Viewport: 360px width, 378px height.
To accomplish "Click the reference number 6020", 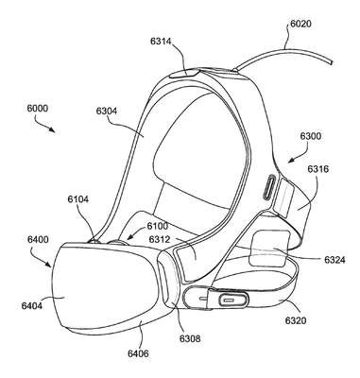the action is (300, 24).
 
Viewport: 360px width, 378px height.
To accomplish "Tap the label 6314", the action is (161, 42).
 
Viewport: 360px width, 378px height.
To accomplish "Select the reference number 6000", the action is (38, 109).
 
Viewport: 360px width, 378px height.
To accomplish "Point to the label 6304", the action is (106, 111).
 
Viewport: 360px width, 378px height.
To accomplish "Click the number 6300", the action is (311, 136).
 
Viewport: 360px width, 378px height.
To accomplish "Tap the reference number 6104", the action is (78, 199).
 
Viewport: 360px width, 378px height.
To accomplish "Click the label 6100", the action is (158, 226).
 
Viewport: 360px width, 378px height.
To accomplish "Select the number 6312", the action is (160, 240).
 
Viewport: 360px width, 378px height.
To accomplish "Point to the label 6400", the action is (38, 240).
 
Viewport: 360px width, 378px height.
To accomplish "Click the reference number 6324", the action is (334, 260).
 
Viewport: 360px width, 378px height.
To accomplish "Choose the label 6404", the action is (32, 305).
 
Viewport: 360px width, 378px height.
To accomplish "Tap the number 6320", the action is (296, 320).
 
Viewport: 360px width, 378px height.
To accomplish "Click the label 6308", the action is (190, 338).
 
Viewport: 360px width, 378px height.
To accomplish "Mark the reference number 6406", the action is (138, 353).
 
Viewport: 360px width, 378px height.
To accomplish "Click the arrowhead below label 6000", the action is (52, 129).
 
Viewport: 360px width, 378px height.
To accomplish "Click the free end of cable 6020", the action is (332, 62).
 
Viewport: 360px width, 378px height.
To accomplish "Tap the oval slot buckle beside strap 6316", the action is (269, 187).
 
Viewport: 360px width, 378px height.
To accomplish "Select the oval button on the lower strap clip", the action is (232, 299).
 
